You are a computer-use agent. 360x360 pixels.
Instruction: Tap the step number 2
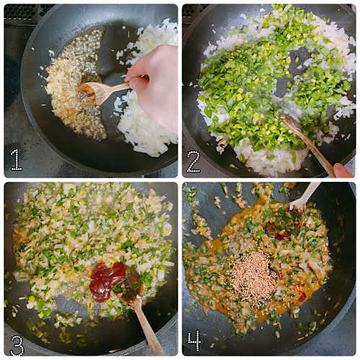point(193,160)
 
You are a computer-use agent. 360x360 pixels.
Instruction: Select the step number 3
point(17,343)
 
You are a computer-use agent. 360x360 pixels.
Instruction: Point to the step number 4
point(194,341)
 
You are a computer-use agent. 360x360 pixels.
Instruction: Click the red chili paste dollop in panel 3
point(107,280)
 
